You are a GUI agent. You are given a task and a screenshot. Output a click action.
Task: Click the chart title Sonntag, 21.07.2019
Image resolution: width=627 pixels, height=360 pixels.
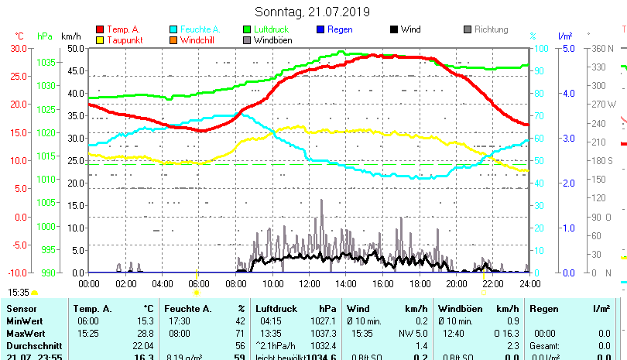312,12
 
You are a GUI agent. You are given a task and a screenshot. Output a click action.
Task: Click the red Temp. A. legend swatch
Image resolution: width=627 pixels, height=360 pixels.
100,29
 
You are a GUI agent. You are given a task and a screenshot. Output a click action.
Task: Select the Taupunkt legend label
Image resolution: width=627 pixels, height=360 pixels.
123,39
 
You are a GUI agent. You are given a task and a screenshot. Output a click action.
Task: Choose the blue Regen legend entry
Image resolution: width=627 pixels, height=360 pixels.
340,29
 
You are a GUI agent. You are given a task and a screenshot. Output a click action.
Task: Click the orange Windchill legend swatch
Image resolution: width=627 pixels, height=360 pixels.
173,39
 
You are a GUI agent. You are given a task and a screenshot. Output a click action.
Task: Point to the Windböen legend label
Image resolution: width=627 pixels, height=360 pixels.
272,39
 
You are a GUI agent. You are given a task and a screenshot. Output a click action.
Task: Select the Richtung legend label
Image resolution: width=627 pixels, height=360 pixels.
491,29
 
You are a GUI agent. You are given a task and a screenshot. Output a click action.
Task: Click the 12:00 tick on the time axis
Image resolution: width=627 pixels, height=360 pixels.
310,283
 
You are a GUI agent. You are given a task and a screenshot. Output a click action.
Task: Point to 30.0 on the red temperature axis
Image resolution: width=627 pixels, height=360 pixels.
19,48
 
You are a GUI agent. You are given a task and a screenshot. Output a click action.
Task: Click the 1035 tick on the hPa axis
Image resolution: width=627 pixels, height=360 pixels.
46,62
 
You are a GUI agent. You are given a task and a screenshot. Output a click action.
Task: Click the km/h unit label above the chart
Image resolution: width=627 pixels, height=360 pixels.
70,36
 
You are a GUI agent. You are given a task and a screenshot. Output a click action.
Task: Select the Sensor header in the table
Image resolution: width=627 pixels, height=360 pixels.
21,309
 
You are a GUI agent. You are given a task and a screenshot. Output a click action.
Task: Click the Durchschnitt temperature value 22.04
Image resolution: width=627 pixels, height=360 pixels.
143,345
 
